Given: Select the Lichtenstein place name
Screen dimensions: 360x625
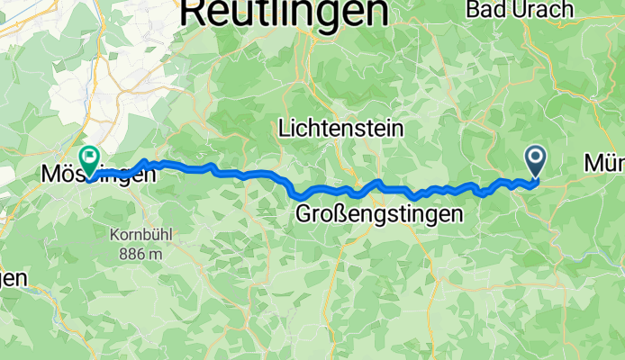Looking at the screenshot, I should pyautogui.click(x=341, y=129).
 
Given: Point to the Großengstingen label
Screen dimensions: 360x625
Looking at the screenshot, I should pyautogui.click(x=379, y=214).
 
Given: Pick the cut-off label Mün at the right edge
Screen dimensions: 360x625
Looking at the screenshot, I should pyautogui.click(x=604, y=163).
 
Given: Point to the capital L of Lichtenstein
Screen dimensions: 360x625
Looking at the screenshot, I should pyautogui.click(x=285, y=129).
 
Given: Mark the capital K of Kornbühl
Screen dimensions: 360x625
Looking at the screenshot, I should pyautogui.click(x=114, y=235).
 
